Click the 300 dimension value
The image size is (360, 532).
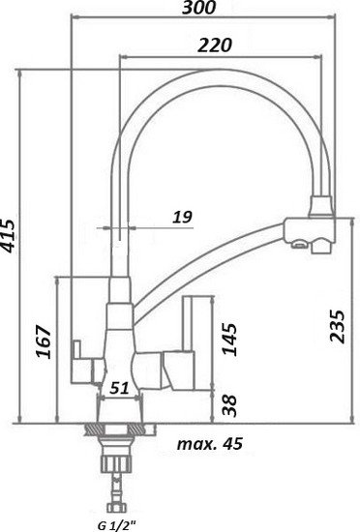[x=198, y=7]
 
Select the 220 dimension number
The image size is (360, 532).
[x=215, y=45]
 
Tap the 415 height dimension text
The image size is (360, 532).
[x=8, y=236]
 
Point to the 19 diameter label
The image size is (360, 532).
[x=183, y=217]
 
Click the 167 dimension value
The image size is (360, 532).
[x=45, y=341]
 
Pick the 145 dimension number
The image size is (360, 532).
[x=229, y=340]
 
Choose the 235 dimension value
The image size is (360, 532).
[x=338, y=326]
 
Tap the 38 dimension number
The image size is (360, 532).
[x=229, y=405]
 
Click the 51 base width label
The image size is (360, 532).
[x=119, y=388]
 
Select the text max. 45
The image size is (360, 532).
[x=210, y=443]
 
